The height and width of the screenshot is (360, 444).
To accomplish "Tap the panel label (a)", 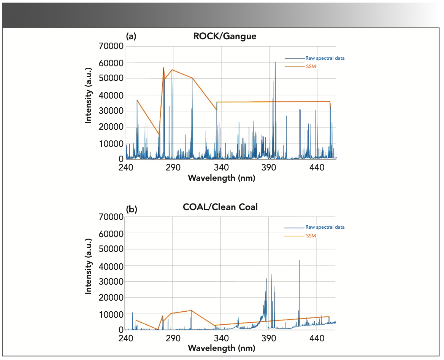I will coord(131,37).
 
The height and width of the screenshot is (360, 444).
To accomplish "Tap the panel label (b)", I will coord(131,209).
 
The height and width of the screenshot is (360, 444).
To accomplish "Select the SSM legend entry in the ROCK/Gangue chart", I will coord(311,67).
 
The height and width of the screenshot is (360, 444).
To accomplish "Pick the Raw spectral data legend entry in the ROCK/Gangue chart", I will coord(325,58).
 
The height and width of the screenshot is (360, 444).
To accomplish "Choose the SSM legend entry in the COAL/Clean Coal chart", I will coord(311,236).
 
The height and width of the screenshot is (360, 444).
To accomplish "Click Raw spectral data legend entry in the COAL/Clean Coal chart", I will coord(325,227).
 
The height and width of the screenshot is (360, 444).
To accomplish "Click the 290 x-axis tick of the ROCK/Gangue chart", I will coord(173,168).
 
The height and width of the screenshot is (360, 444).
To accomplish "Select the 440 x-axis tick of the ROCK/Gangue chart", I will coord(317,168).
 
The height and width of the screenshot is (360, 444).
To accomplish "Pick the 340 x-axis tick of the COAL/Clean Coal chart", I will coord(221,338).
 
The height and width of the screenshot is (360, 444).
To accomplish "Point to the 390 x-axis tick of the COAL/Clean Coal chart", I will coord(269,338).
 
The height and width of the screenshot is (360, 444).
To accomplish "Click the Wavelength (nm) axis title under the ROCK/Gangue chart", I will coord(222,178).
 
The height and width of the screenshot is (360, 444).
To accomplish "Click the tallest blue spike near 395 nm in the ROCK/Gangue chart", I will coord(276,63).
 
